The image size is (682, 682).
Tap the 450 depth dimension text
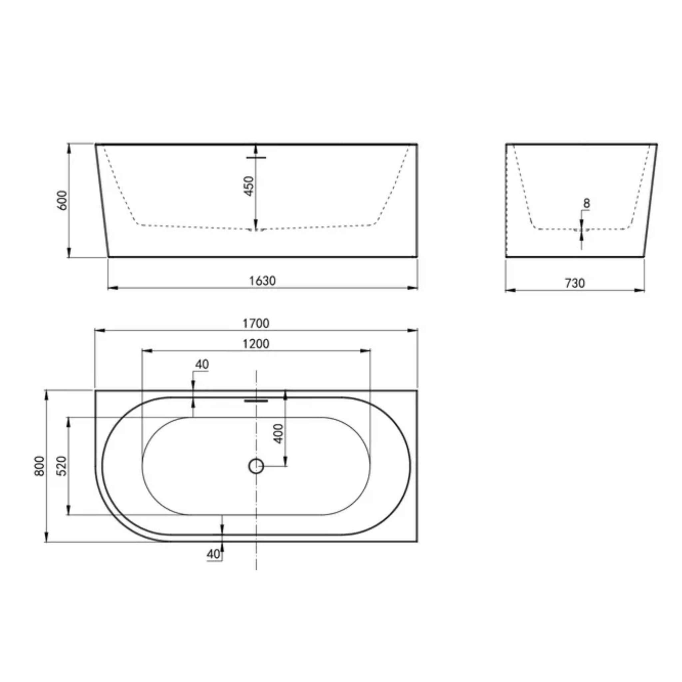(x=249, y=186)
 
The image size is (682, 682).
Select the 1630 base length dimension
(x=262, y=281)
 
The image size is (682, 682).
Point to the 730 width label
(x=575, y=283)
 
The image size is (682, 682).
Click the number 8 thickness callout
(x=586, y=203)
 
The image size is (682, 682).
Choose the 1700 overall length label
(x=256, y=323)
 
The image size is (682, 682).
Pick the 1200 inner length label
(x=256, y=344)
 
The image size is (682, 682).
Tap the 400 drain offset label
(x=278, y=434)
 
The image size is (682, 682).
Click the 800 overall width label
(x=40, y=466)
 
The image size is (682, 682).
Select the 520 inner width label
(x=61, y=466)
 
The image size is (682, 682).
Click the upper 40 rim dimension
(x=202, y=364)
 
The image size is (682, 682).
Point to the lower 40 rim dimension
(x=213, y=554)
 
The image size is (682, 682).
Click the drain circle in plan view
(x=256, y=466)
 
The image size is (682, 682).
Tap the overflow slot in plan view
(x=256, y=401)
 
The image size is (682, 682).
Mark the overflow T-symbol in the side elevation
(x=256, y=158)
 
